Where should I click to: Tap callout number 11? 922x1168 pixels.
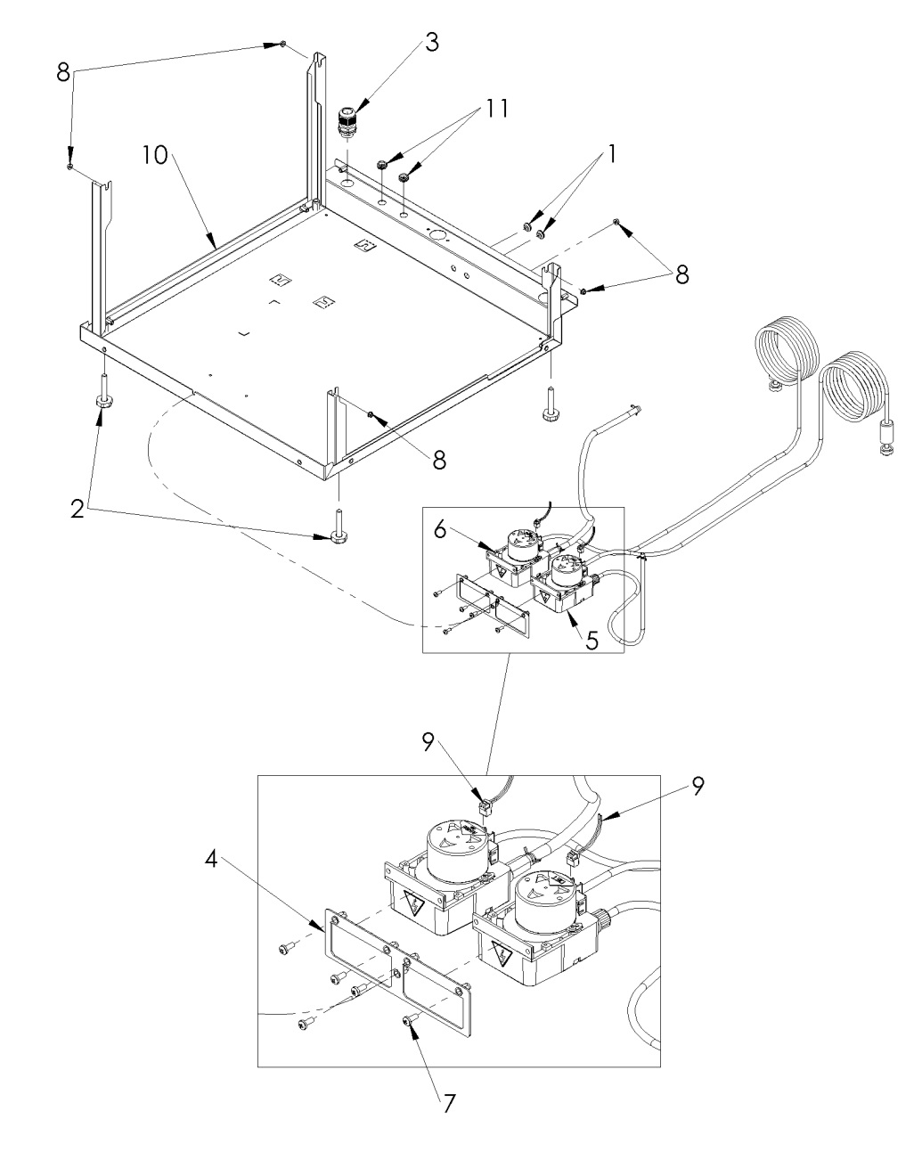pos(497,109)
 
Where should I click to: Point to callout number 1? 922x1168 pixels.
pos(612,154)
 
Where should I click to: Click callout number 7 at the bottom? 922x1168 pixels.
pos(449,1102)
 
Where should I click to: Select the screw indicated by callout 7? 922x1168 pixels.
pos(410,1021)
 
